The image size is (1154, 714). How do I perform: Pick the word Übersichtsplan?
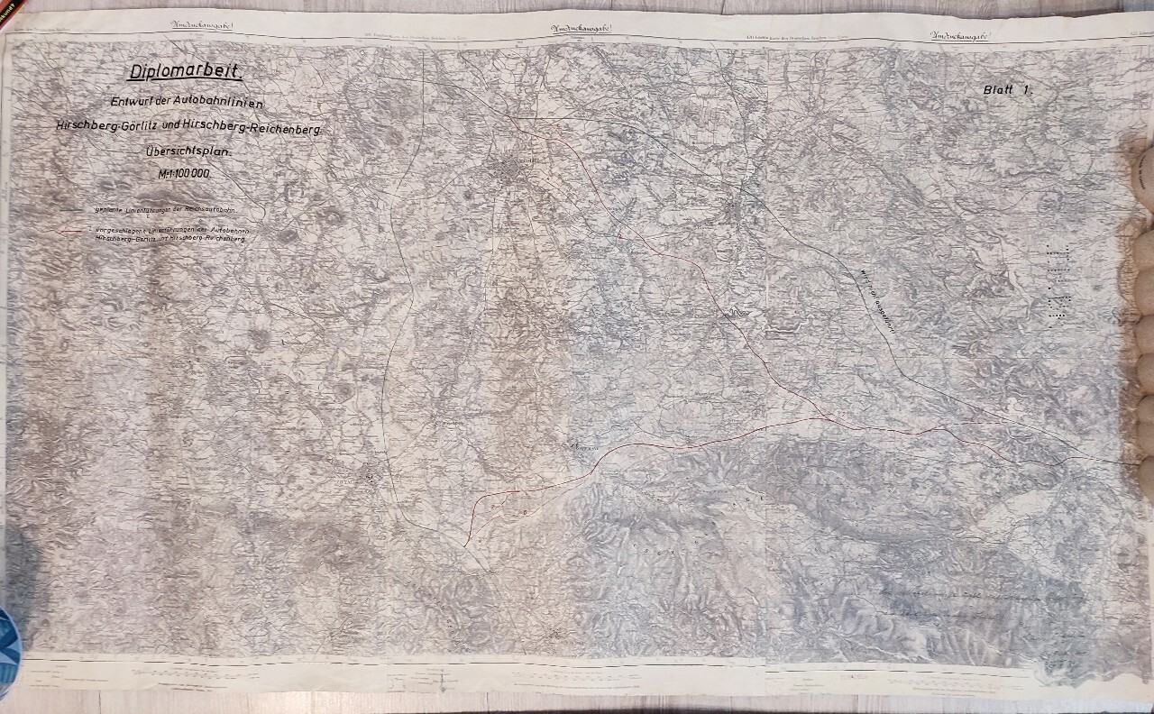click(188, 154)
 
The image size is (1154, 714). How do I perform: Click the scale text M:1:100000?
click(184, 174)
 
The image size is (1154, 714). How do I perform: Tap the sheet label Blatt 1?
click(1007, 90)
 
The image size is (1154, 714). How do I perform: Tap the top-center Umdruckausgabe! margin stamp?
click(581, 30)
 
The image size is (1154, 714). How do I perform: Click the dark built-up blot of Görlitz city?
click(508, 169)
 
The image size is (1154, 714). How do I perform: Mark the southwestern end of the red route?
click(463, 545)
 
